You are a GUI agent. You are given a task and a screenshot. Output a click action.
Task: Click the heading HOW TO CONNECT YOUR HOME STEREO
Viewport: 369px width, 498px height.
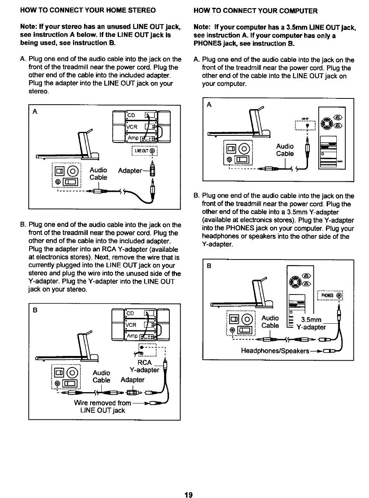point(88,10)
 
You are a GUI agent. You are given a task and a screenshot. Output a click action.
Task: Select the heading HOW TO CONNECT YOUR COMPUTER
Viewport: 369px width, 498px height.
point(255,11)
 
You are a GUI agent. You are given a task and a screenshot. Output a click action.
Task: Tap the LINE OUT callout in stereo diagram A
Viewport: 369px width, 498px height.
point(144,151)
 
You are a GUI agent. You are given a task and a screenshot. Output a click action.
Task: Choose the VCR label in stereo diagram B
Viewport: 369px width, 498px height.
point(131,325)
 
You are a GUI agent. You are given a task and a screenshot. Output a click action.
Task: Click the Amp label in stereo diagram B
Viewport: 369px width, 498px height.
point(132,336)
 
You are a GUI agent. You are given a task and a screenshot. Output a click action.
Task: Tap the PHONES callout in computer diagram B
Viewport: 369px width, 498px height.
point(330,295)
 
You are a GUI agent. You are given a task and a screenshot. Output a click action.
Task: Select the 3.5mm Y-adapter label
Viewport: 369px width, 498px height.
point(311,324)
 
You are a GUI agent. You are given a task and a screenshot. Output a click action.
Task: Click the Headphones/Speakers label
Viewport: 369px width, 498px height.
point(275,351)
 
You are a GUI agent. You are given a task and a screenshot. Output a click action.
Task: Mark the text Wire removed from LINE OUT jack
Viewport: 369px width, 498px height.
point(102,407)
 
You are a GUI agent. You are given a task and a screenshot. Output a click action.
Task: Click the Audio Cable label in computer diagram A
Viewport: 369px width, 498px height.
point(285,150)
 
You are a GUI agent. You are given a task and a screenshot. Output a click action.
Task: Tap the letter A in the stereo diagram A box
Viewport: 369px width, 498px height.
point(35,112)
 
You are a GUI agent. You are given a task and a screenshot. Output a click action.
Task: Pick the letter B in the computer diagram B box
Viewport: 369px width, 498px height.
point(209,267)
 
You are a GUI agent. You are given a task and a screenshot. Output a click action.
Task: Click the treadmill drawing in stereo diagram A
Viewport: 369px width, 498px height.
point(70,148)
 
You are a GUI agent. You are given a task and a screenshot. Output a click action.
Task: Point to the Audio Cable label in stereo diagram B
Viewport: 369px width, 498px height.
point(101,376)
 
